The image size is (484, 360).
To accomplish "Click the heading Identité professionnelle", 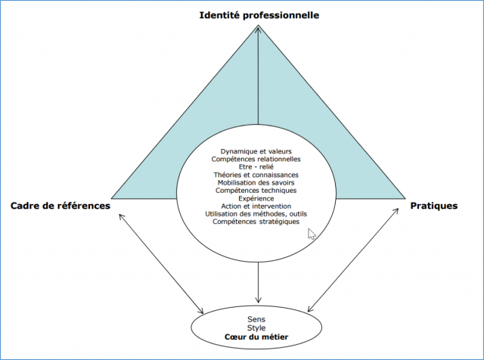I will click(259, 16).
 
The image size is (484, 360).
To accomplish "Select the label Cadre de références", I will click(60, 205).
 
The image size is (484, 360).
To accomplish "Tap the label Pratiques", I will click(433, 205).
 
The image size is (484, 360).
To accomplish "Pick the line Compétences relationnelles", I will click(256, 159).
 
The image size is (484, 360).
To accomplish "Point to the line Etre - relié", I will click(256, 167).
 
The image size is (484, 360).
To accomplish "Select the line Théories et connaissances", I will click(256, 175).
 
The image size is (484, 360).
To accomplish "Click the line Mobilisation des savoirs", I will click(256, 183).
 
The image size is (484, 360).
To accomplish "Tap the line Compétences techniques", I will click(256, 191).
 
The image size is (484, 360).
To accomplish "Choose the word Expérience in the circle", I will click(256, 198).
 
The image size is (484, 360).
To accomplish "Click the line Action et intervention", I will click(256, 206).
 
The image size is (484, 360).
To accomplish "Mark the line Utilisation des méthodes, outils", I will click(256, 214).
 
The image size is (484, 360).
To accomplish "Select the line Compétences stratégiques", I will click(256, 222).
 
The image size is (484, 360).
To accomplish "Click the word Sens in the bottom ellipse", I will click(257, 318).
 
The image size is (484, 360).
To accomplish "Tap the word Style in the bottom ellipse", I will click(257, 327).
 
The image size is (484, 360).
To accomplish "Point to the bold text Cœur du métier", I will click(257, 337).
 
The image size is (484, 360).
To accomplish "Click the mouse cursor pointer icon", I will click(312, 234).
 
